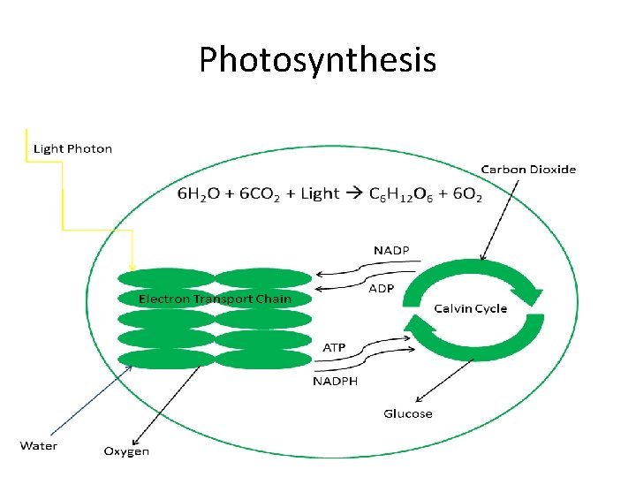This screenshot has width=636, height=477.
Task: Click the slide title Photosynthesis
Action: [317, 60]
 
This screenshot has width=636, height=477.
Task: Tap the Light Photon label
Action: [72, 148]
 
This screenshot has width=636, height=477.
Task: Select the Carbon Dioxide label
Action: [528, 169]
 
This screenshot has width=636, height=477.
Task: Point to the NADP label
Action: [391, 251]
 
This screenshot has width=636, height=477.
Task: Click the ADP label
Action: [381, 288]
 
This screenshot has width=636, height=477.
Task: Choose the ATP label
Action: [334, 347]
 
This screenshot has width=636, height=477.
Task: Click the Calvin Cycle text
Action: [471, 308]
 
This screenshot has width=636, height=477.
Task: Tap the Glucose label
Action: [408, 413]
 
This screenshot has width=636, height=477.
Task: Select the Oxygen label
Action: [126, 451]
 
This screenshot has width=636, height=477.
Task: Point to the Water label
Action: [39, 445]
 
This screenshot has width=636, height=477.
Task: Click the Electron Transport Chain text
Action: [215, 299]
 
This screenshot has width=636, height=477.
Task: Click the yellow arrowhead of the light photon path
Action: [132, 264]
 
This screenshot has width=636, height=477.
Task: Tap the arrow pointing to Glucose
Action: [437, 381]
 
